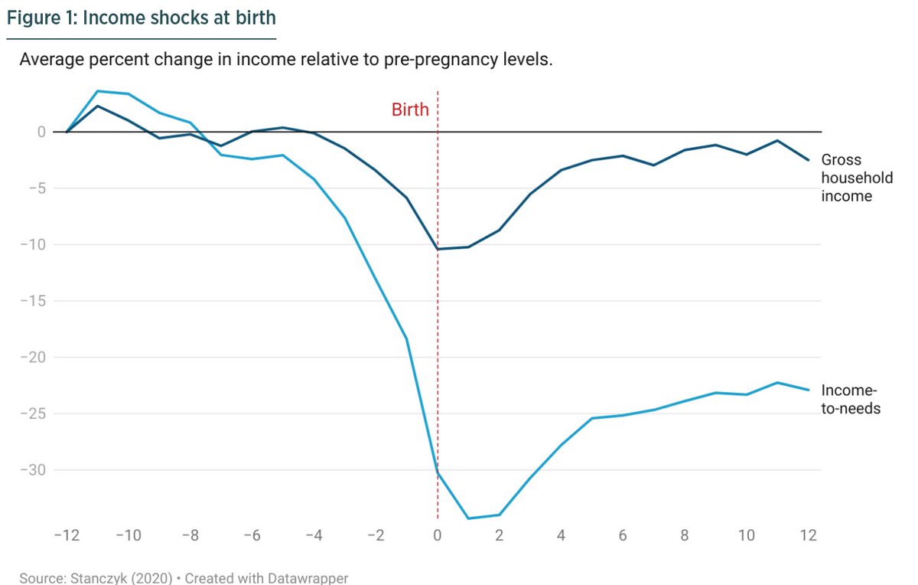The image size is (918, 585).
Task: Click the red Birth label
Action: point(410,109)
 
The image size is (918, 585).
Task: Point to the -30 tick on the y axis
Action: point(34,470)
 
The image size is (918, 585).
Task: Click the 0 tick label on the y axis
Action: point(42,132)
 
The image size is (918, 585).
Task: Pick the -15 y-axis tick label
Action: point(34,301)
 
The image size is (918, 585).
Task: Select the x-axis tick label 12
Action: point(808,536)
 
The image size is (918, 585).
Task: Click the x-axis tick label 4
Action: point(561,536)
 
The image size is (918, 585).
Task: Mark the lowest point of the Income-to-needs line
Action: point(468,518)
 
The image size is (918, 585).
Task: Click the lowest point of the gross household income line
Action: point(438,249)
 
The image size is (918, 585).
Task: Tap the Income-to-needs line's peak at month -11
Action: point(97,91)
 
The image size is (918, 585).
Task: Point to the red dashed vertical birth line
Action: point(438,345)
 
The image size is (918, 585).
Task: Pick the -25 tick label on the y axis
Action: point(34,413)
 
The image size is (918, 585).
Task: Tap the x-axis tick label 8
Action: point(685,536)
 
